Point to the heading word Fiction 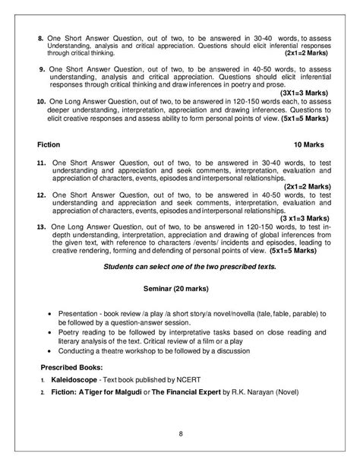tap(48, 144)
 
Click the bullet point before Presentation tap(50, 312)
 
